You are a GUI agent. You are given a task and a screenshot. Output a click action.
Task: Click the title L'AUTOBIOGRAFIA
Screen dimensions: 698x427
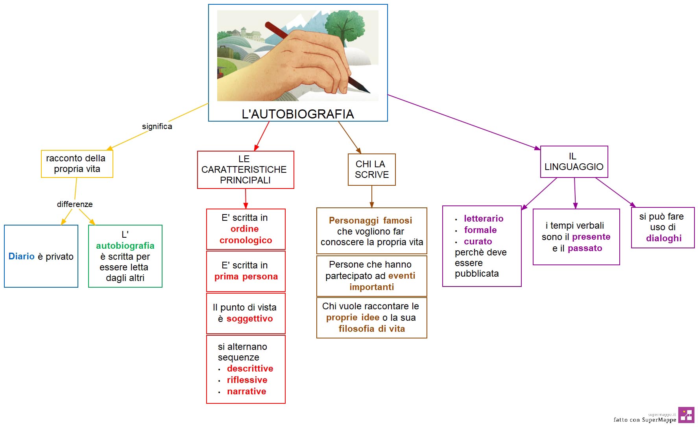coord(298,114)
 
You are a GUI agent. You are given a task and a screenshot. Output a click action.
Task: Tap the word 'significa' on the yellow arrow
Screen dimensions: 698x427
coord(157,126)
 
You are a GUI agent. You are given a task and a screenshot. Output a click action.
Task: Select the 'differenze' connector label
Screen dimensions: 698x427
coord(75,204)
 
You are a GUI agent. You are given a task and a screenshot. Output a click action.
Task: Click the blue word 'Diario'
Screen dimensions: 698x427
coord(22,256)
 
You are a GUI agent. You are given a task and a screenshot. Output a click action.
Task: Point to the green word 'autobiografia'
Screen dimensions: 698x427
coord(125,246)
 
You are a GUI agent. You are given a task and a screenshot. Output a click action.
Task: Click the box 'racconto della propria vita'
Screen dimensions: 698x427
coord(77,164)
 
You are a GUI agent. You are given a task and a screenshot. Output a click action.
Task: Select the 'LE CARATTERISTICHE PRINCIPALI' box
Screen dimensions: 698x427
coord(246,170)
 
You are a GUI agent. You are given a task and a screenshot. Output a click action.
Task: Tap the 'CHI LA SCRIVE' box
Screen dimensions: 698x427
coord(372,170)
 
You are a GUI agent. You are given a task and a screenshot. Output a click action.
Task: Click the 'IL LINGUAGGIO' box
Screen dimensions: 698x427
coord(574,162)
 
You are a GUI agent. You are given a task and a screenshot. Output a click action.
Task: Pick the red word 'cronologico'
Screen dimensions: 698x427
coord(246,240)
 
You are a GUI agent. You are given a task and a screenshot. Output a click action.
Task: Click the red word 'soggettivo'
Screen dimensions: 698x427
coord(249,318)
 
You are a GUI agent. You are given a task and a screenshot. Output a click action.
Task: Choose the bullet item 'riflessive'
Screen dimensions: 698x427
coord(247,380)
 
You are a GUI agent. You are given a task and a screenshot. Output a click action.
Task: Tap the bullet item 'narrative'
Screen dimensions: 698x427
coord(247,391)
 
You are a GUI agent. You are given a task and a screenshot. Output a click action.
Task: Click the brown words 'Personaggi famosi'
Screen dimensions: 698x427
coord(371,220)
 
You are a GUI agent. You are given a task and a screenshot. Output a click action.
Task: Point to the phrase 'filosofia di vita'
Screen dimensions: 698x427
coord(372,329)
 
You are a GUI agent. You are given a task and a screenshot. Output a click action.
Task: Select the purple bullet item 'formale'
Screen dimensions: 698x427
coord(480,230)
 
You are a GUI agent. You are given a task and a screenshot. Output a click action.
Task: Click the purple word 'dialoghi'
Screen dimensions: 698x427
coord(664,238)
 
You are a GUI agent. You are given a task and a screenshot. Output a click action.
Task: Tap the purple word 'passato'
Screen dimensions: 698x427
coord(585,248)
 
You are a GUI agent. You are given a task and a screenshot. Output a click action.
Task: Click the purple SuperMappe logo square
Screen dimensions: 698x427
coord(686,415)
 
